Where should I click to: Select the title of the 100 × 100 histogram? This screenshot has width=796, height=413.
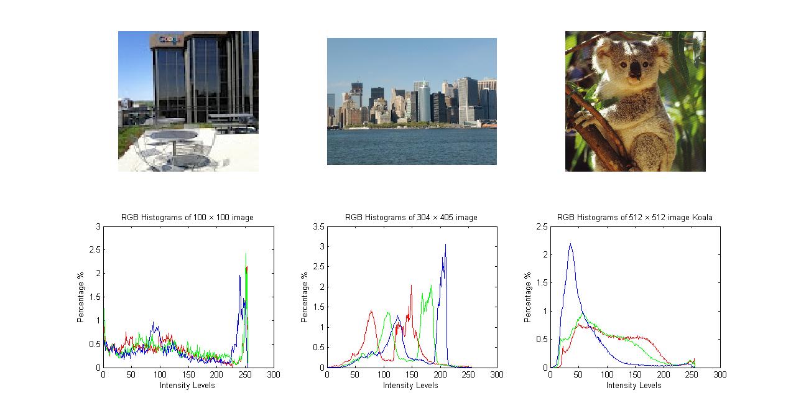(187, 217)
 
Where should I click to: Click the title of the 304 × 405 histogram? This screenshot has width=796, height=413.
(411, 217)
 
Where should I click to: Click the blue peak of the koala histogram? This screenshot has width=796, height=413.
(570, 245)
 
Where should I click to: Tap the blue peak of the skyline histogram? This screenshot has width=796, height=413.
(445, 244)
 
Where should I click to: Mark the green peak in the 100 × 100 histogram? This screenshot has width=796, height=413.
(246, 254)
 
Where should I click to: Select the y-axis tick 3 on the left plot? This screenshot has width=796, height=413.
(97, 227)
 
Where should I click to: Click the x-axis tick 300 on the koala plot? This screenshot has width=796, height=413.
(720, 374)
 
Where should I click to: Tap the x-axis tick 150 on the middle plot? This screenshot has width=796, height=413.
(412, 374)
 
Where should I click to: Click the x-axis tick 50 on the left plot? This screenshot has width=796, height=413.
(131, 374)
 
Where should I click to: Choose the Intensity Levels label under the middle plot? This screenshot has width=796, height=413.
(410, 385)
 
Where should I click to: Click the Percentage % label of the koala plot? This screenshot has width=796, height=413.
(527, 297)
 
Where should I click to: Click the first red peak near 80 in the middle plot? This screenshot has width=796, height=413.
(371, 311)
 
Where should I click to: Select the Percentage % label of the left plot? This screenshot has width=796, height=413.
(80, 297)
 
